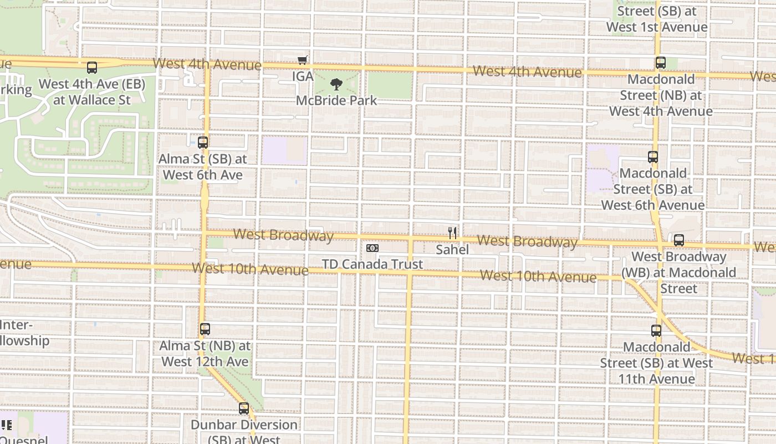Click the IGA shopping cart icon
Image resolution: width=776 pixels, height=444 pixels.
point(302,60)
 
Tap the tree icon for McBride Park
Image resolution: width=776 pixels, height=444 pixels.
point(336,84)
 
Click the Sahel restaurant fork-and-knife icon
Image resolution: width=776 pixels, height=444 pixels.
point(452,233)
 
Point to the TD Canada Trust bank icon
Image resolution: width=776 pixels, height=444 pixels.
point(372,248)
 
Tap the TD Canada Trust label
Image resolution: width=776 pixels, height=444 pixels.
point(372,264)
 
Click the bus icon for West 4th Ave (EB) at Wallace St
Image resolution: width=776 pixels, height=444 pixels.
point(92,68)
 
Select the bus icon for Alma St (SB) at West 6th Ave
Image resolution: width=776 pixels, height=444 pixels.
point(203,142)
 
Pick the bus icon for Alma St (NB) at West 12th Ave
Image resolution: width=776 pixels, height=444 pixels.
point(205,329)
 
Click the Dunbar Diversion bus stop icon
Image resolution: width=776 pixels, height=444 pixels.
point(244,409)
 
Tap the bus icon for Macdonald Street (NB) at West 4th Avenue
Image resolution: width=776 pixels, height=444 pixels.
point(661,63)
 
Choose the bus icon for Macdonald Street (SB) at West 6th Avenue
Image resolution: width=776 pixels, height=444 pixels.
point(653,157)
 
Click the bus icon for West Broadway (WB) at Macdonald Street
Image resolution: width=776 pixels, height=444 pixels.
point(679,240)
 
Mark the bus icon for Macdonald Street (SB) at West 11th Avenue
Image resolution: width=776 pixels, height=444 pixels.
point(656,331)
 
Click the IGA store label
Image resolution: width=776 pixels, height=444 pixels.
point(303,76)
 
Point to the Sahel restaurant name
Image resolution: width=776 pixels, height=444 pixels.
point(452,250)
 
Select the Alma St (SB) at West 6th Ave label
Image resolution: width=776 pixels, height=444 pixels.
point(202,167)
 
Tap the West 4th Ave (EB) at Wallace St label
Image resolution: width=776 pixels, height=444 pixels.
point(92,92)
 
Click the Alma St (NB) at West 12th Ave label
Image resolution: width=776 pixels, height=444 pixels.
point(205,354)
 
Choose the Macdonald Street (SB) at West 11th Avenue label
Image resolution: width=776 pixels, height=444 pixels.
point(657,363)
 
